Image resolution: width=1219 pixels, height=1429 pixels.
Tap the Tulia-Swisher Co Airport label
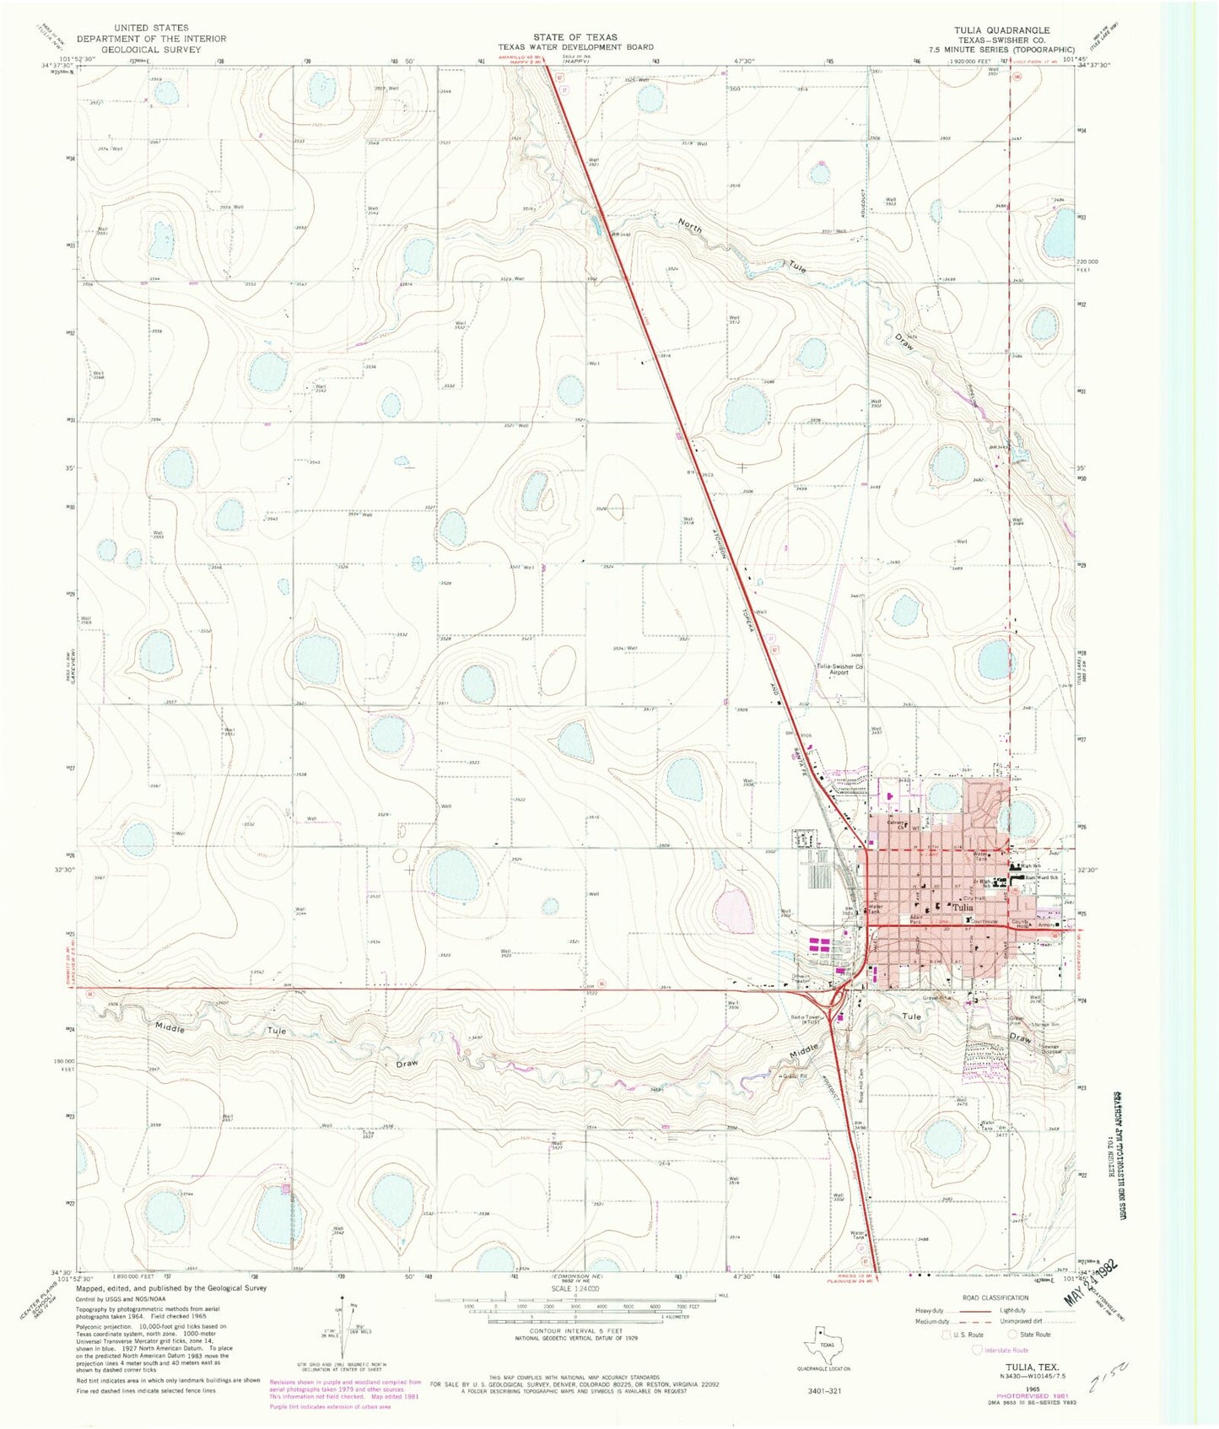839,670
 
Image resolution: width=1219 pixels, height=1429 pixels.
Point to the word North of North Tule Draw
690,225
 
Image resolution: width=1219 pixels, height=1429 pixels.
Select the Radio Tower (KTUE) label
809,1019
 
